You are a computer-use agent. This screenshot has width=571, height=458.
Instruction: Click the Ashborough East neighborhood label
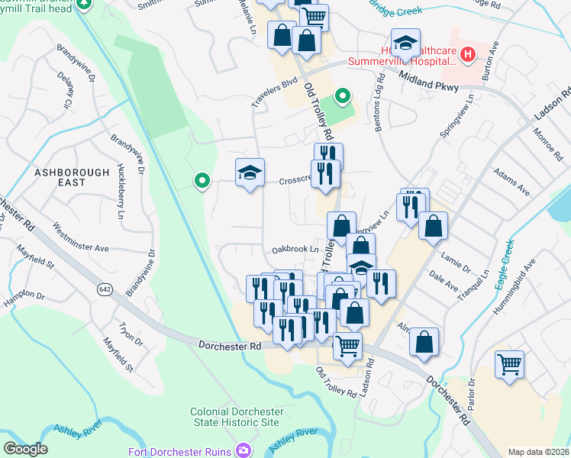72,179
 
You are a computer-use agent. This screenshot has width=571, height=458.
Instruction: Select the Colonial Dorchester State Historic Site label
237,417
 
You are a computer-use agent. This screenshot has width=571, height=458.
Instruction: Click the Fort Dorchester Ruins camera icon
244,451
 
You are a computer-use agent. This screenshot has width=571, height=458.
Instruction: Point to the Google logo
25,449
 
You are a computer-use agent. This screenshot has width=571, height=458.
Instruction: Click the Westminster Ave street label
81,237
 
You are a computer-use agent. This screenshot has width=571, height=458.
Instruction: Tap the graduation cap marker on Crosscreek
250,174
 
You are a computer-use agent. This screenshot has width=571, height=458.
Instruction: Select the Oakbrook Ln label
295,250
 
